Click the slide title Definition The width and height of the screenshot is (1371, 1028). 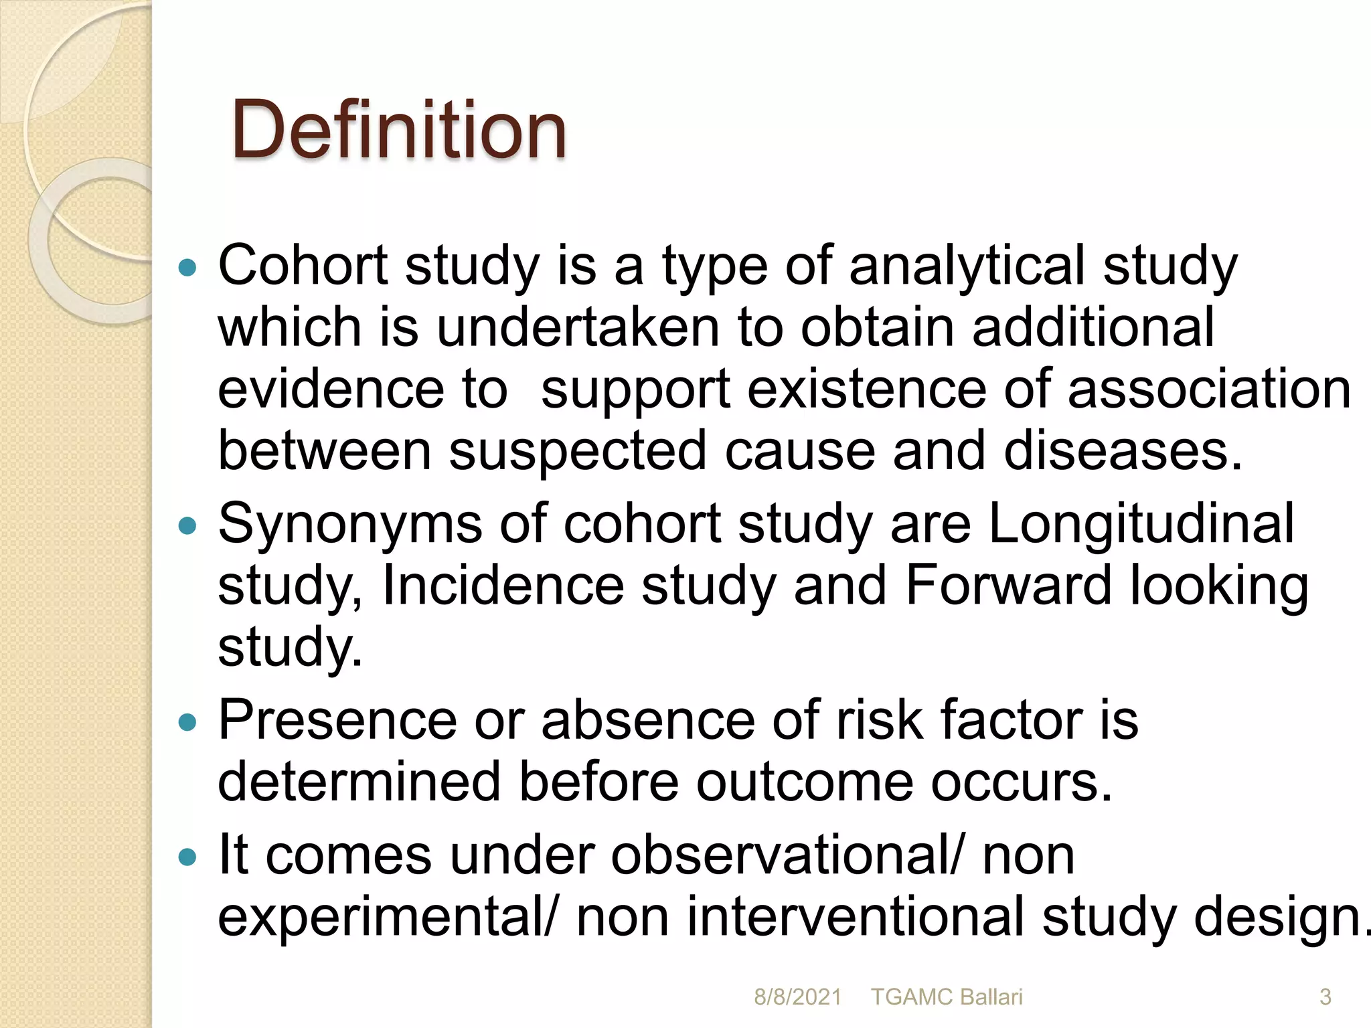click(x=399, y=129)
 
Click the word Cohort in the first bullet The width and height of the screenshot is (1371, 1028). click(x=303, y=266)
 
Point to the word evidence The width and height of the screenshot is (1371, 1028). click(x=331, y=389)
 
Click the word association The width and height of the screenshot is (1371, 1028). click(x=1209, y=389)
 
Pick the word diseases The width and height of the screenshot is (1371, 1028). click(x=1122, y=450)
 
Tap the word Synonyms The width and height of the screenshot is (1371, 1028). click(x=349, y=524)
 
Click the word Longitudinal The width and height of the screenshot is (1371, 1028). click(x=1141, y=524)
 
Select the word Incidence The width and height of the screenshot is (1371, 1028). click(x=503, y=586)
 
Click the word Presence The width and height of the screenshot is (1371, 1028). click(x=337, y=721)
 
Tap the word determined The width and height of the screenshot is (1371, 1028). click(x=359, y=782)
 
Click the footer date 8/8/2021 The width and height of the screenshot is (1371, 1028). click(x=797, y=997)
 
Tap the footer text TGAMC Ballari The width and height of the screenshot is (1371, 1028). click(x=947, y=997)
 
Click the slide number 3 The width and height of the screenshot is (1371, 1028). click(x=1325, y=997)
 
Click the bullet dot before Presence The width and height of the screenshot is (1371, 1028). click(x=189, y=722)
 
